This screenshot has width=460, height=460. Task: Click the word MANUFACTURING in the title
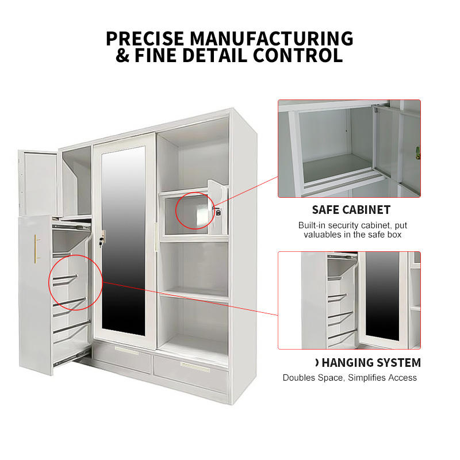tap(271, 39)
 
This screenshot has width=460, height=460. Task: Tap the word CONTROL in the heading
tap(298, 55)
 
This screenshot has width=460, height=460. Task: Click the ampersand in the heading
tap(122, 55)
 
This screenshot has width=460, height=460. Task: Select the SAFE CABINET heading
tap(351, 210)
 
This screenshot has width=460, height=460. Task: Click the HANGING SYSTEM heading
tap(371, 363)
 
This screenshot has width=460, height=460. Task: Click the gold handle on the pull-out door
tap(36, 249)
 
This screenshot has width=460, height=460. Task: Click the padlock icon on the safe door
tap(218, 212)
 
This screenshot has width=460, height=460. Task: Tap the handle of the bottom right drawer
tap(195, 367)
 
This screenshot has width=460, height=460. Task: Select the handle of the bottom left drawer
tap(126, 351)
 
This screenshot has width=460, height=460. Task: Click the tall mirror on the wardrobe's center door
tap(124, 240)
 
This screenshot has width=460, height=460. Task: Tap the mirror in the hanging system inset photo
tap(382, 296)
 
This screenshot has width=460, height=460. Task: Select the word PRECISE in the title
tap(145, 39)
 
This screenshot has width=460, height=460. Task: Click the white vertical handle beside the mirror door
tap(156, 236)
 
